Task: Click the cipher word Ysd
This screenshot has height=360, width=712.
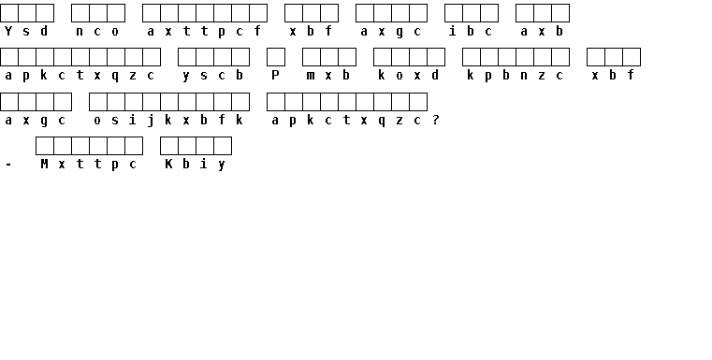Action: coord(26,31)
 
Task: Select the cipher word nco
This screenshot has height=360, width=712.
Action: coord(97,31)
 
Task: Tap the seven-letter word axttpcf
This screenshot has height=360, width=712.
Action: coord(204,31)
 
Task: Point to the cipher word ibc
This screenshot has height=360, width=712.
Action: coord(470,31)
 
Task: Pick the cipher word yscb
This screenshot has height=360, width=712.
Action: coord(212,76)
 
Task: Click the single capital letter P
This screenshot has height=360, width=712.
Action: coord(275,76)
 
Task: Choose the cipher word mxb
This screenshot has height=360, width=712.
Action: coord(327,76)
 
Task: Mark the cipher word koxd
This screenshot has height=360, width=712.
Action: coord(408,76)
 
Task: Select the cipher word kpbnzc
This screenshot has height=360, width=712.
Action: coord(515,76)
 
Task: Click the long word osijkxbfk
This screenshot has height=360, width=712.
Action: coord(168,121)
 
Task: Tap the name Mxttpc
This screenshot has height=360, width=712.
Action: coord(88,165)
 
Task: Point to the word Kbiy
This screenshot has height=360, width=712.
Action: coord(195,165)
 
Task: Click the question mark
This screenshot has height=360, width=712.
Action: coord(435,120)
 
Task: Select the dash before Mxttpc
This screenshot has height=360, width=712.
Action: coord(8,166)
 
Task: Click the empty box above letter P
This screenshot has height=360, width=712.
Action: coord(276,57)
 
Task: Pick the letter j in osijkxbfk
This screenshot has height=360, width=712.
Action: coord(151,121)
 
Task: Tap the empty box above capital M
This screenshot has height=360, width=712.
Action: coord(45,146)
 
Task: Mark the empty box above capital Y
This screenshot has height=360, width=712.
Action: coord(9,13)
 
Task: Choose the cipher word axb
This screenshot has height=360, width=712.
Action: coord(542,31)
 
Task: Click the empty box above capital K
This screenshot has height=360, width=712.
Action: coord(169,146)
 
